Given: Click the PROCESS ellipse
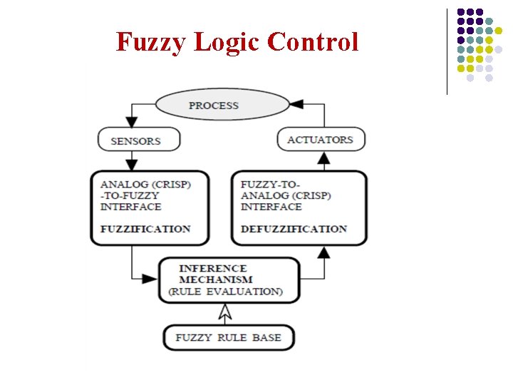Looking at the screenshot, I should [213, 106].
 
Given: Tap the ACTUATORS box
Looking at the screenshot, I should [321, 140].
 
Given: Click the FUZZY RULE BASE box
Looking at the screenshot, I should [228, 337].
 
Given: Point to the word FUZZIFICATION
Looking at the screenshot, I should [145, 229].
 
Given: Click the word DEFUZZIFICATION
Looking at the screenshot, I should [294, 229].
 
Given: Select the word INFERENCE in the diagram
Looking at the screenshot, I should [213, 269].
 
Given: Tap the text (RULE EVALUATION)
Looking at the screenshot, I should [225, 291].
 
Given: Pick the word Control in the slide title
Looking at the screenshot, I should [313, 42].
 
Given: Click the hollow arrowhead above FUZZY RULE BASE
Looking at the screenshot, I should [225, 312].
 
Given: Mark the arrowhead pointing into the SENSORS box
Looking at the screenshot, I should [131, 120].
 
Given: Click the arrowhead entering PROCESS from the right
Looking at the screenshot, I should [296, 104].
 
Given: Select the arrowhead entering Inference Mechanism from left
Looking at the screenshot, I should [150, 278].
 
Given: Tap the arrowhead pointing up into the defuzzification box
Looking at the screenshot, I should [323, 251].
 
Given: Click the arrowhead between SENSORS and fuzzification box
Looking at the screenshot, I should [131, 165].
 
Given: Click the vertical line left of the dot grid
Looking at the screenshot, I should [447, 51].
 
